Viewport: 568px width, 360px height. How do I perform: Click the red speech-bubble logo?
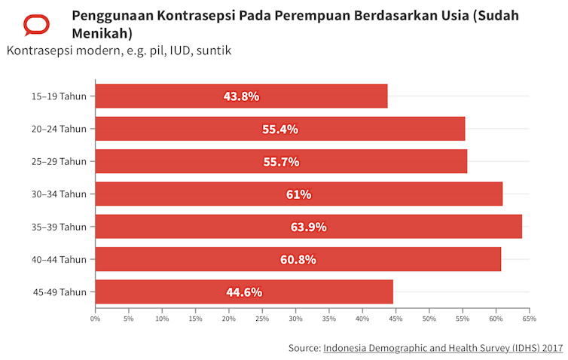(36, 24)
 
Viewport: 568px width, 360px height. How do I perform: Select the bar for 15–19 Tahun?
(241, 96)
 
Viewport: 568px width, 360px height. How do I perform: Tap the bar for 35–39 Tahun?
(309, 227)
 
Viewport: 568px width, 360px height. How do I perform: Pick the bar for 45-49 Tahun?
(244, 292)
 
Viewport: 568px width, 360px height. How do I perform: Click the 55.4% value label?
(280, 129)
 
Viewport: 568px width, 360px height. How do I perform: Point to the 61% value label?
(298, 194)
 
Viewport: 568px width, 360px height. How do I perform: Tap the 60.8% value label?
(298, 260)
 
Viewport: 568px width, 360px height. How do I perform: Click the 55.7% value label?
(281, 162)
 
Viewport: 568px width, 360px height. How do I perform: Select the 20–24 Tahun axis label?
(59, 129)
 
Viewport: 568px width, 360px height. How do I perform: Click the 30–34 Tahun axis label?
(59, 194)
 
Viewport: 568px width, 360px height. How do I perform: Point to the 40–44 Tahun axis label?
(59, 260)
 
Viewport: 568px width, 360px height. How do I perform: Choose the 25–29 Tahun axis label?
(59, 162)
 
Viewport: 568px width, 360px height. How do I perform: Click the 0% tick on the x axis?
(96, 319)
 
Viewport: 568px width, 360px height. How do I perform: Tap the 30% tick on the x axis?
(296, 319)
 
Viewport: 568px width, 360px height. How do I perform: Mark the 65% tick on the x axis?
(530, 319)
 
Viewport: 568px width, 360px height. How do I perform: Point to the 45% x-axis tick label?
(396, 319)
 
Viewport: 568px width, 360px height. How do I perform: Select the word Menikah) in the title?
(102, 34)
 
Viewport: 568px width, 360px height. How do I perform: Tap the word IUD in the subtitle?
(176, 51)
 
